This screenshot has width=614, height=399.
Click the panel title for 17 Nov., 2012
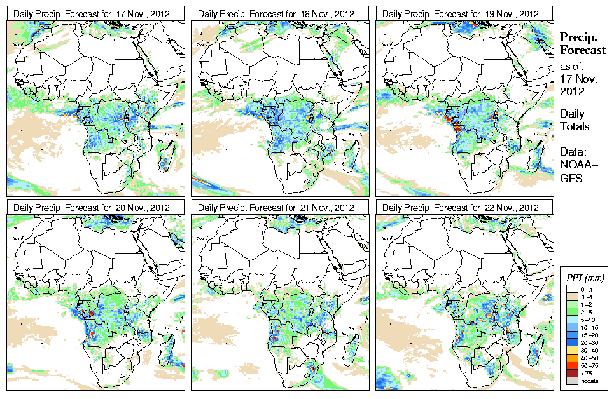(92, 13)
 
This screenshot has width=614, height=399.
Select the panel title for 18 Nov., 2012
(277, 13)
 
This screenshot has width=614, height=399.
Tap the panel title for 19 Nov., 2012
(461, 13)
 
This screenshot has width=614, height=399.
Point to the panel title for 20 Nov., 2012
(92, 208)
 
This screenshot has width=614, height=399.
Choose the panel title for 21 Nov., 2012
(277, 208)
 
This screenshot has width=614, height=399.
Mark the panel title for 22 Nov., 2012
(461, 208)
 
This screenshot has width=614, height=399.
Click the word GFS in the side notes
(571, 179)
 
